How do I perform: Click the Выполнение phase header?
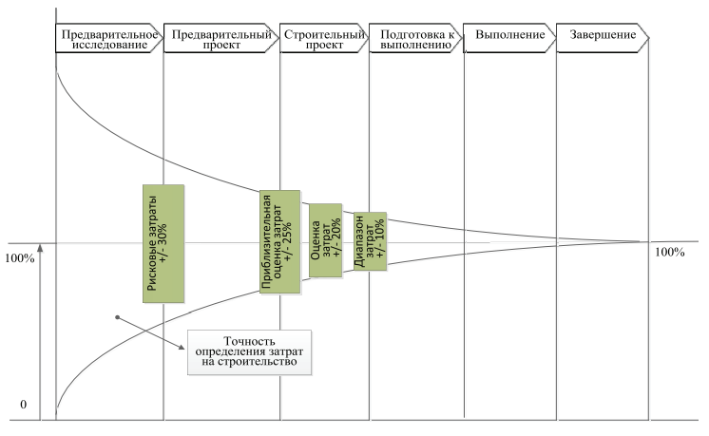coord(508,36)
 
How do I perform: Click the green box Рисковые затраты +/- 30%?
coord(163,243)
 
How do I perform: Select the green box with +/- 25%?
coord(280,243)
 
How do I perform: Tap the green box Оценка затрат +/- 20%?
coord(324,240)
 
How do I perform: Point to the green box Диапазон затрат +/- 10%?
coord(371,240)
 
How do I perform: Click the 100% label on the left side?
coord(20,257)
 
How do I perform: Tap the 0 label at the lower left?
coord(23,406)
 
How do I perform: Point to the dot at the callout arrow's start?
coord(118,317)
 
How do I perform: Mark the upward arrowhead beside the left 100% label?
coord(41,249)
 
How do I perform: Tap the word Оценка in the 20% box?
coord(316,240)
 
